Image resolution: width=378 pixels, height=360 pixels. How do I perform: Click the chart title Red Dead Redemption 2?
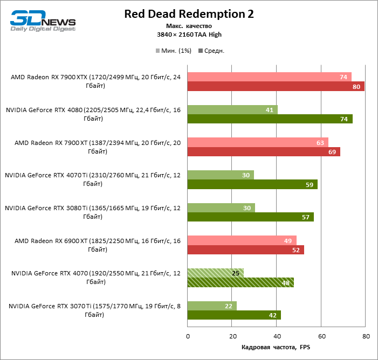tap(189, 14)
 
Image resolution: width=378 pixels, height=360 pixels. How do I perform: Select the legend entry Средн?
tap(211, 51)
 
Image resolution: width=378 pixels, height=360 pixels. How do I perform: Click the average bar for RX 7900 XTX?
tap(276, 86)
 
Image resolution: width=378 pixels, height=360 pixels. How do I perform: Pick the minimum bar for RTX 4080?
tap(232, 109)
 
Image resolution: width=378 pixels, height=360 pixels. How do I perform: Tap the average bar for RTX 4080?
tap(270, 119)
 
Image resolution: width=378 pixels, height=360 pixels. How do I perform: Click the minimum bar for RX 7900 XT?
tap(258, 142)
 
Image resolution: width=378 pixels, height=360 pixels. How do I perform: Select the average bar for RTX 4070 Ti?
tap(252, 184)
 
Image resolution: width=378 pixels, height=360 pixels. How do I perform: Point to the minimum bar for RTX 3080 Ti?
tap(221, 207)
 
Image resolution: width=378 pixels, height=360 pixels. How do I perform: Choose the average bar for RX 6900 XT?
tap(245, 250)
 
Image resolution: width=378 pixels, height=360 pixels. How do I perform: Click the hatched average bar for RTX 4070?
tap(240, 282)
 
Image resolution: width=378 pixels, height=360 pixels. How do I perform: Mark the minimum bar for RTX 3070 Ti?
tap(212, 306)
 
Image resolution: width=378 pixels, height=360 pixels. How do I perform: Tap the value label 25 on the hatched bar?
tap(235, 273)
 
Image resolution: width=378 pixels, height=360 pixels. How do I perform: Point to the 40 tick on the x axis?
tap(277, 336)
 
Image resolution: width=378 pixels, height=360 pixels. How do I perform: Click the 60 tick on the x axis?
tap(321, 336)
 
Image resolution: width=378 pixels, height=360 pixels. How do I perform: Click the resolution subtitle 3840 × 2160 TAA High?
tap(189, 34)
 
